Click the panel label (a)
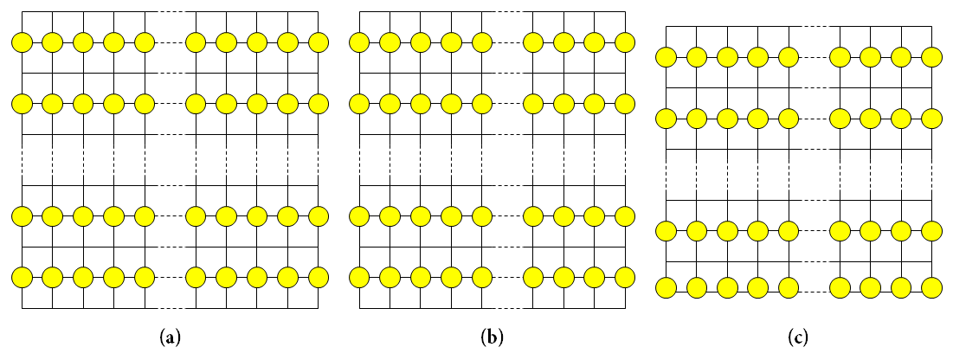tap(171, 336)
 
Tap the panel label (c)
tap(799, 336)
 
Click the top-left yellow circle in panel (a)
tap(22, 42)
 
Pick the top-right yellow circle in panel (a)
tap(319, 42)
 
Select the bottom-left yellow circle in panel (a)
tap(22, 277)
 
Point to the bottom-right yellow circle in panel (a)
tap(319, 277)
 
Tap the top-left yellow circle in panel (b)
tap(359, 42)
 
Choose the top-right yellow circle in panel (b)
tap(625, 42)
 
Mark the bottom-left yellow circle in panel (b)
tap(359, 277)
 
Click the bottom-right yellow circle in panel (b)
tap(625, 277)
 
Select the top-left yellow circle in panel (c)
tap(666, 57)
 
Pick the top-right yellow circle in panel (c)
tap(931, 57)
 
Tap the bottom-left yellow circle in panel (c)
tap(666, 286)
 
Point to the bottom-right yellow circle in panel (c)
tap(931, 286)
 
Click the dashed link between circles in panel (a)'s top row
tap(170, 42)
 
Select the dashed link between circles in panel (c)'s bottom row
tap(814, 286)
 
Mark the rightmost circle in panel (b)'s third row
tap(625, 215)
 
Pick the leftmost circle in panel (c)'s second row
tap(666, 118)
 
